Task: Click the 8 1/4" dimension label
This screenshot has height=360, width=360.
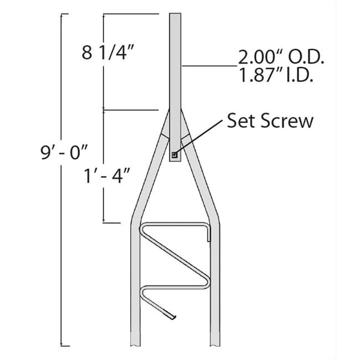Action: click(109, 53)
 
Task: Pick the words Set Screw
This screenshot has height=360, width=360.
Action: click(270, 121)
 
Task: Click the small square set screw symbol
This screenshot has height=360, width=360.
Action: click(174, 156)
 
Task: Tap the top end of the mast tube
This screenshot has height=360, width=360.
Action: click(175, 14)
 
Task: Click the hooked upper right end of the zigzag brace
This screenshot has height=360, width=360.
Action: click(209, 234)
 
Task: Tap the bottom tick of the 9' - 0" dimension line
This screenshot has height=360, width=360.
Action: click(64, 346)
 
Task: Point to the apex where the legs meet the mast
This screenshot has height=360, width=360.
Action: click(175, 111)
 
